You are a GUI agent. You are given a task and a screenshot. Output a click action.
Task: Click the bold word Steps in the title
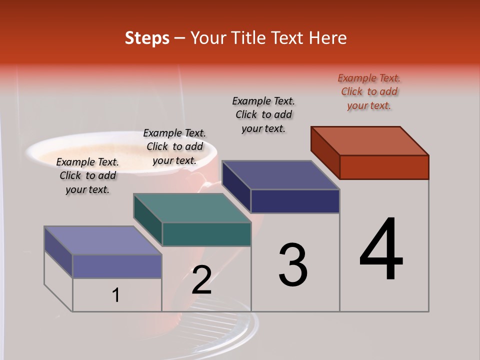(x=147, y=38)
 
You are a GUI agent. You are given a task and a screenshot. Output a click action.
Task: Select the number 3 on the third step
(x=292, y=265)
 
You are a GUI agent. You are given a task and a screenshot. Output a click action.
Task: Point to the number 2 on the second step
(x=201, y=280)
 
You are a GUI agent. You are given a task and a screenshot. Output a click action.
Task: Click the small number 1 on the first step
(x=116, y=295)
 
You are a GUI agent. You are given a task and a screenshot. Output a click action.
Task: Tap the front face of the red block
(x=384, y=167)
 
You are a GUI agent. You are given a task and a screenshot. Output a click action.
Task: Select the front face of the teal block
(x=206, y=234)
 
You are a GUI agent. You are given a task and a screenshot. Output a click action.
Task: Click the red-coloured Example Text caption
(x=369, y=92)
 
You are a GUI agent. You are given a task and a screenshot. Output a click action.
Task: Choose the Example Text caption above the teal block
(x=174, y=146)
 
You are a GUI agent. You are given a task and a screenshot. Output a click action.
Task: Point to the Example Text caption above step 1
(x=87, y=175)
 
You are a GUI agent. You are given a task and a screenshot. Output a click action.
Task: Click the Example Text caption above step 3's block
(x=263, y=114)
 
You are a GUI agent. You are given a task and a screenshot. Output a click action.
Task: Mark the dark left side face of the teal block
(x=147, y=220)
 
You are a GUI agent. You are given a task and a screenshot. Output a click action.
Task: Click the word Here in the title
(x=327, y=38)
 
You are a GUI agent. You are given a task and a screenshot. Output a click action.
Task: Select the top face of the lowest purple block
(x=102, y=240)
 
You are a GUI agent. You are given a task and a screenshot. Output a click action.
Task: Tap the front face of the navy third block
(x=295, y=201)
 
